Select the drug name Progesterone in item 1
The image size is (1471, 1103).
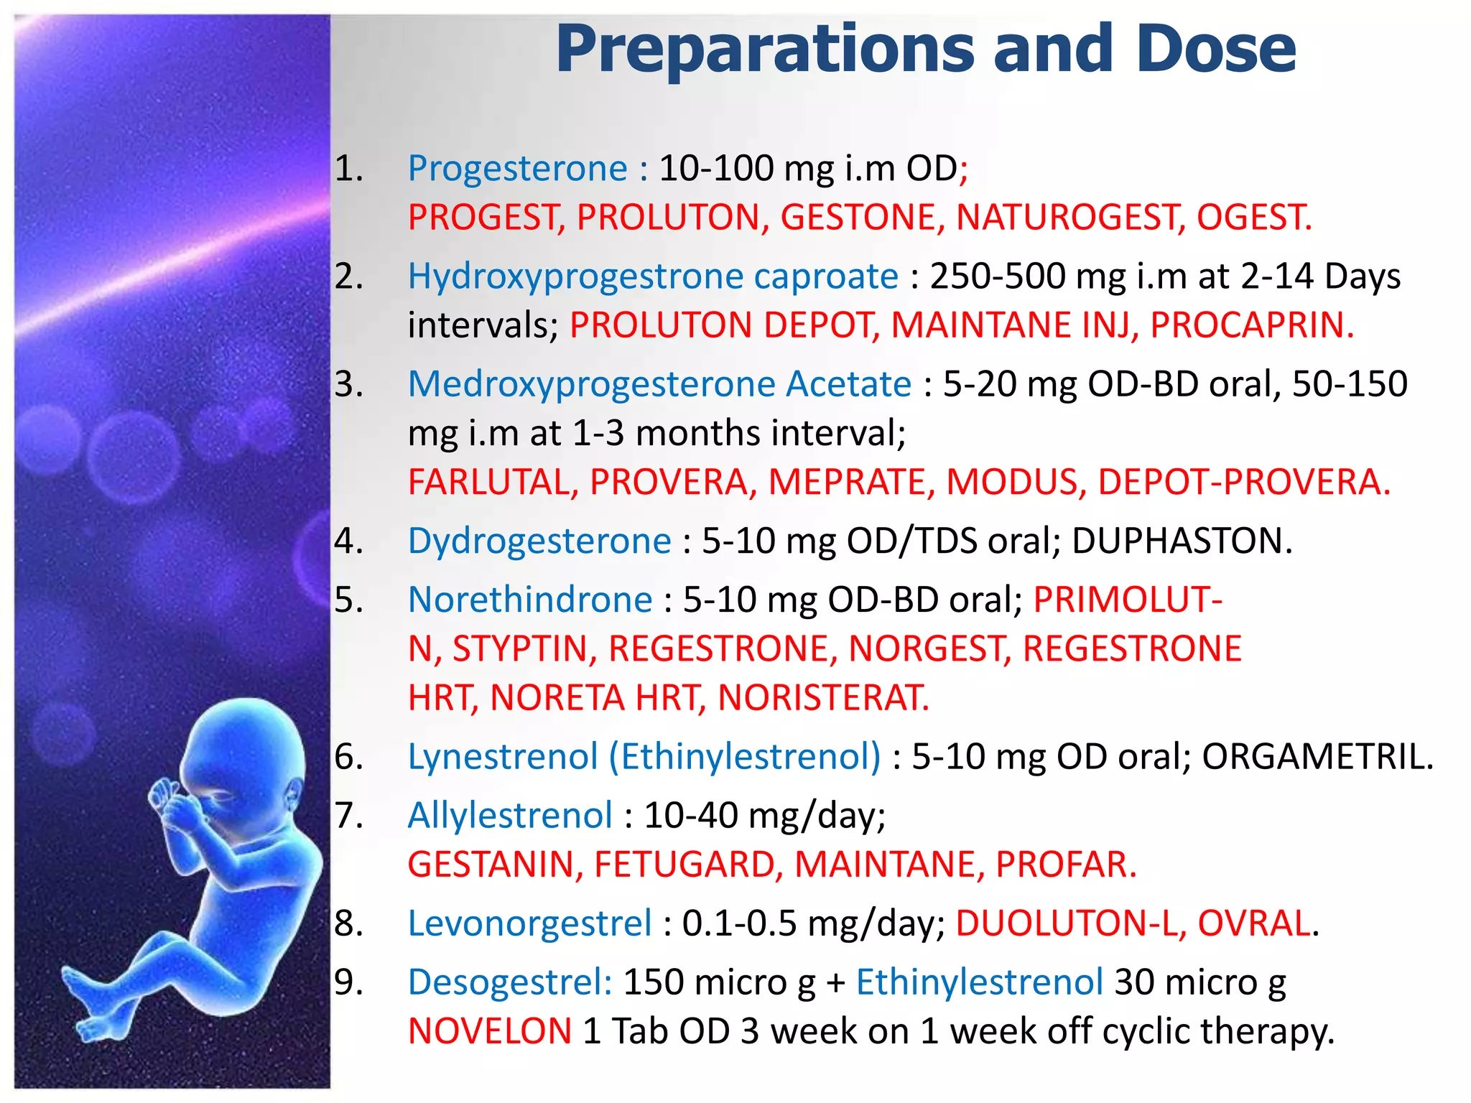click(518, 169)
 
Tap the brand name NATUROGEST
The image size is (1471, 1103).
click(1070, 218)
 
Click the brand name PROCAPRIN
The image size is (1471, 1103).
click(1251, 325)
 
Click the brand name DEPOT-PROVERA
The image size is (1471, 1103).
click(1243, 482)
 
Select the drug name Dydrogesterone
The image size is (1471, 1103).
click(539, 541)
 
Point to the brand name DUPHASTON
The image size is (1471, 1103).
click(1182, 541)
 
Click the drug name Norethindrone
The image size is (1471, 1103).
click(530, 600)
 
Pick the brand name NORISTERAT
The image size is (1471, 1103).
click(823, 698)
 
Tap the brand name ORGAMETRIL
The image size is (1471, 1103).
click(1317, 757)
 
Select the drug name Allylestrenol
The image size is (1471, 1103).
click(510, 816)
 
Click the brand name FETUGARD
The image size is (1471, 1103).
click(688, 865)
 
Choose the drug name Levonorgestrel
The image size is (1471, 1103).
click(529, 923)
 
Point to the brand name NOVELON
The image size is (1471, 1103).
click(490, 1032)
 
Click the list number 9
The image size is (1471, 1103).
click(348, 982)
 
